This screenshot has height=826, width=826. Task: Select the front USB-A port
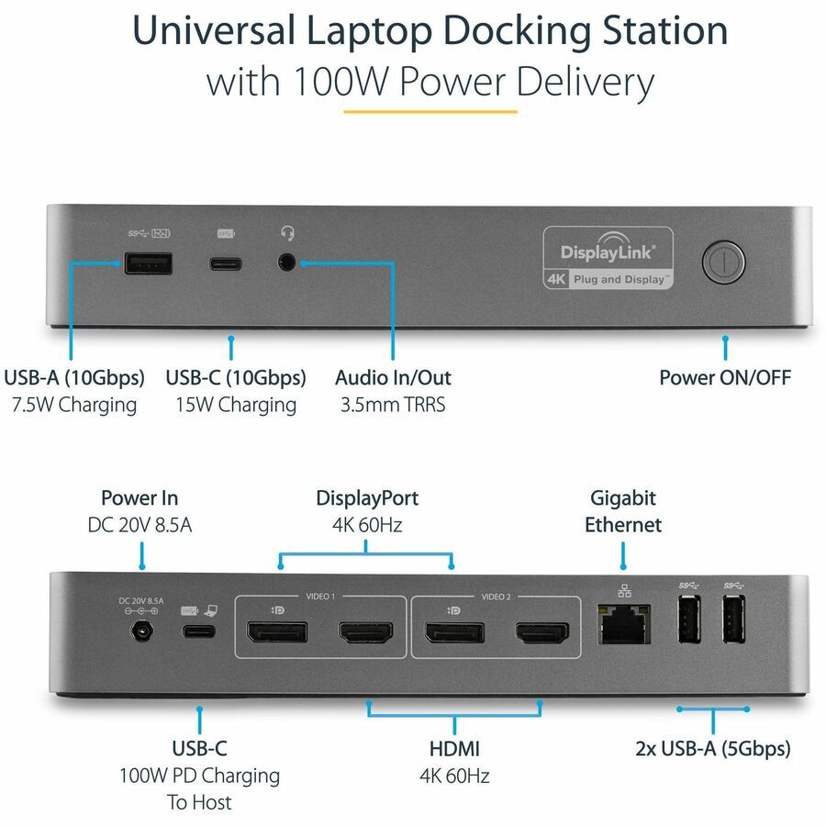(x=147, y=264)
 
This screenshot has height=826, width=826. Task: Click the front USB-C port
(x=226, y=264)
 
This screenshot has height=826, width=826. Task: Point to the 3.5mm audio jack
(x=288, y=263)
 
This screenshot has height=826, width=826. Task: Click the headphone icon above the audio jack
(x=287, y=234)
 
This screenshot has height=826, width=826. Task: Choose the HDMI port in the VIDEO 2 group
(x=541, y=632)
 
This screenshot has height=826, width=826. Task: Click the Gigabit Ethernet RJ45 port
(x=623, y=629)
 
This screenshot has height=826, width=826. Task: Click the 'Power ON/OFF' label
(x=725, y=377)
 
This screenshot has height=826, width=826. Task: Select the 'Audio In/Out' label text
(x=393, y=377)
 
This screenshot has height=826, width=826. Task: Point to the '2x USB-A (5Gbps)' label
(x=713, y=748)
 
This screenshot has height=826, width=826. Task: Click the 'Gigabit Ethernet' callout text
(x=624, y=511)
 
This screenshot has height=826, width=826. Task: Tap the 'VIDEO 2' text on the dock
(x=496, y=597)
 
